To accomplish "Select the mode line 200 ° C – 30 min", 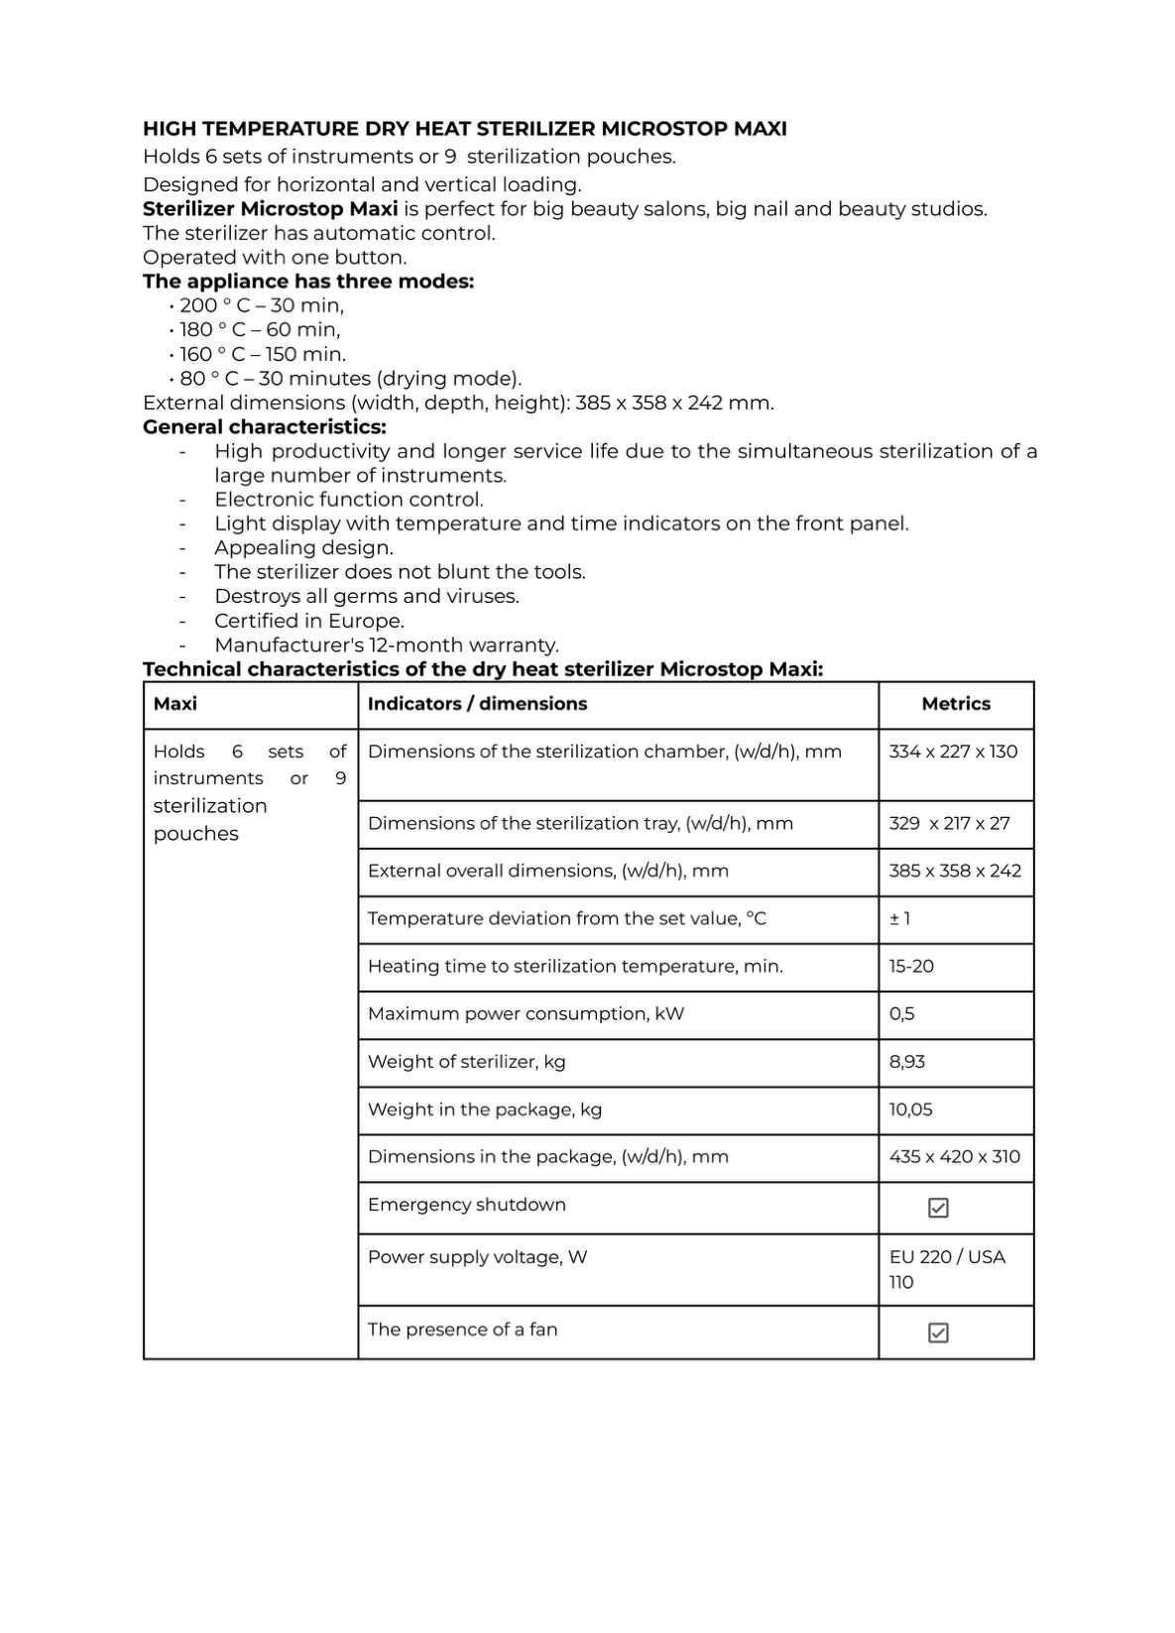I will tap(262, 305).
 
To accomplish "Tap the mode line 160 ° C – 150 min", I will tap(263, 354).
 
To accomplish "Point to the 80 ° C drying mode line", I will tap(350, 379).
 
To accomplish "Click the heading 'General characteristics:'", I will tap(265, 427).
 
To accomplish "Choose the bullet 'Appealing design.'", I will tap(303, 548).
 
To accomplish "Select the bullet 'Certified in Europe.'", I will tap(309, 622).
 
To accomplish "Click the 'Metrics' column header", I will tap(956, 704).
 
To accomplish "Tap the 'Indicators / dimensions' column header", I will tap(477, 704).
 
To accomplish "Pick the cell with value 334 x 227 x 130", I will tap(953, 752).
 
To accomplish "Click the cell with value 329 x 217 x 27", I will tap(949, 824).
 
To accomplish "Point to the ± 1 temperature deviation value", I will tap(900, 919).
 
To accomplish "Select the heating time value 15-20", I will tap(911, 967).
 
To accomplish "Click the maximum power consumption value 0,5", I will tap(901, 1014).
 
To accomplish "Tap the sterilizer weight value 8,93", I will tap(906, 1062).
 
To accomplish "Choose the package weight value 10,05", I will tap(910, 1109).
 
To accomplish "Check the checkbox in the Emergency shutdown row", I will tap(938, 1208).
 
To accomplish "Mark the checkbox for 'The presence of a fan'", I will tap(938, 1333).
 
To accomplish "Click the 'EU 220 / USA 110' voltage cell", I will tap(947, 1269).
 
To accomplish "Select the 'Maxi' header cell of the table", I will tap(176, 704).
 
